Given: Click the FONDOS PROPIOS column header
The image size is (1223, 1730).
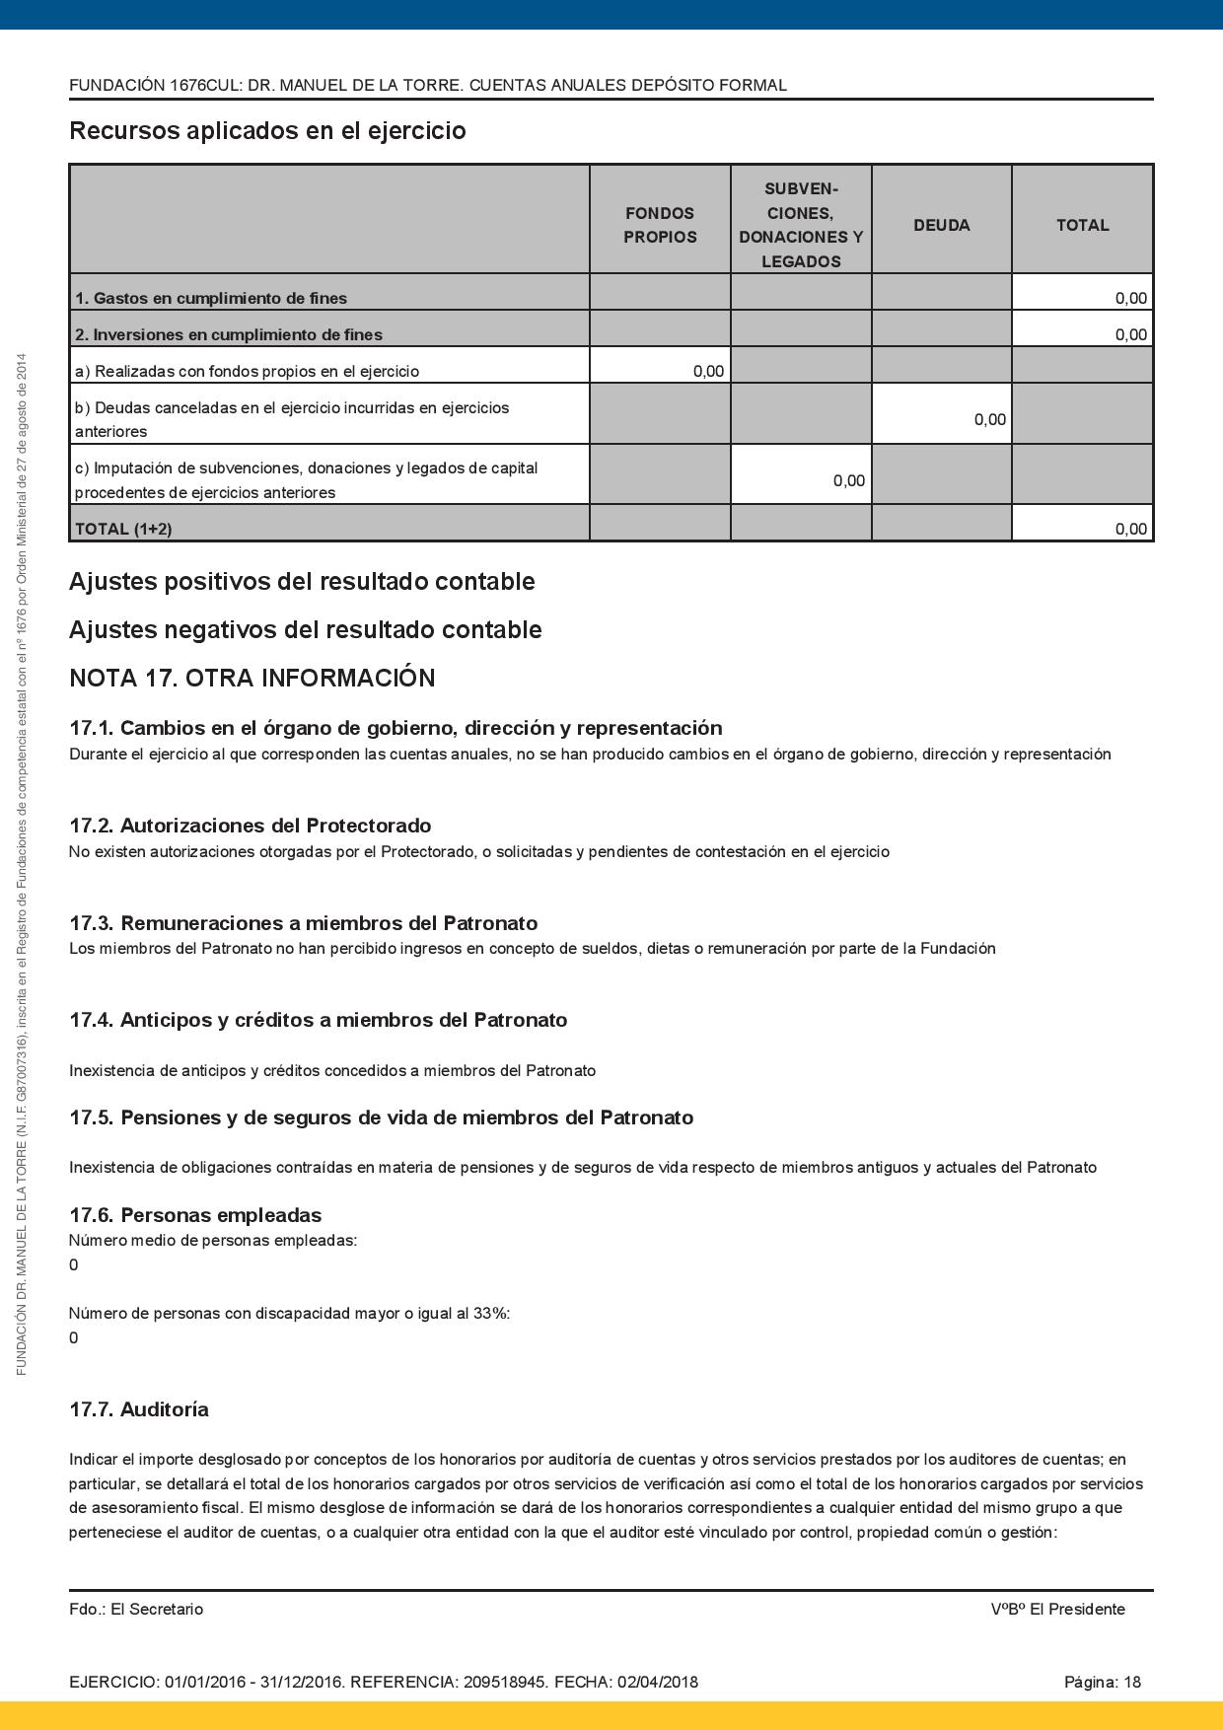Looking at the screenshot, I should (660, 225).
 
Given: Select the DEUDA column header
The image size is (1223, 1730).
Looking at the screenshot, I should (941, 225).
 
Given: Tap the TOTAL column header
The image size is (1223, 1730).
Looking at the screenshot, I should (1082, 225).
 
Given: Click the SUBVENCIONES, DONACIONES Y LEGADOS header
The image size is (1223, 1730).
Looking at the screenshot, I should (801, 225).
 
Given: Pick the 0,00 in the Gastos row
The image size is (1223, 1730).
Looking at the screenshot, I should (1130, 298).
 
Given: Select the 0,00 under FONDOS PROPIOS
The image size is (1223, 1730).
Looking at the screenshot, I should (708, 371).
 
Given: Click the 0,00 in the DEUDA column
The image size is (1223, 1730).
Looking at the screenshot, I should (989, 419).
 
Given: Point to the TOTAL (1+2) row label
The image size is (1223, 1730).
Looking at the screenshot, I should (123, 529).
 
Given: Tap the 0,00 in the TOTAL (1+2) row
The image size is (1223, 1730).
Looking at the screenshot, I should (1130, 529).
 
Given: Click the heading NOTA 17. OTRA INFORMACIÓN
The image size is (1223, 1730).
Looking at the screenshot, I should (252, 679).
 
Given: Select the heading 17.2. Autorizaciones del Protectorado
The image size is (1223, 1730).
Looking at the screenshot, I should (250, 826).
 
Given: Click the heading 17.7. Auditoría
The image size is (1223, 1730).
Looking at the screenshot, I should (139, 1409).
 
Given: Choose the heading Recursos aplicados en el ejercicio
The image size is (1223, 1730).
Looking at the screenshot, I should (267, 130).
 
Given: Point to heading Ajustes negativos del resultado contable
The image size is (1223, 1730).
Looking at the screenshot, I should (305, 629).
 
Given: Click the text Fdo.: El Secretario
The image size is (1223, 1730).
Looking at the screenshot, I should (136, 1609).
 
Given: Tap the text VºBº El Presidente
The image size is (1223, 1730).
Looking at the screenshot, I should (1057, 1609).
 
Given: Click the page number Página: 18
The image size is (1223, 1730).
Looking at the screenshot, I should (1102, 1682).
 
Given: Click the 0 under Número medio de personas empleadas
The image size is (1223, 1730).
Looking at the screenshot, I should (74, 1264).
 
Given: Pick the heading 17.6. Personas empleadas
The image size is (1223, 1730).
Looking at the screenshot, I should (195, 1215).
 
